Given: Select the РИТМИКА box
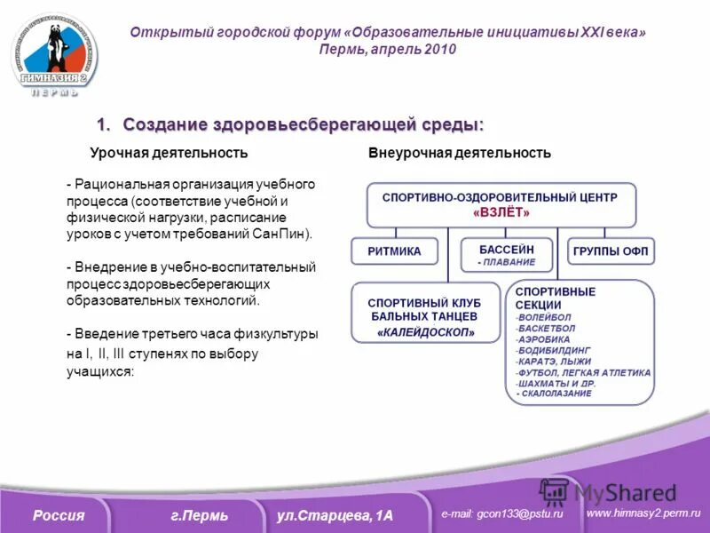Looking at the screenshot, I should [394, 251].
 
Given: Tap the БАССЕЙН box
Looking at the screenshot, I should [507, 255].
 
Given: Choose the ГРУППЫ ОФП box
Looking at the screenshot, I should [611, 251].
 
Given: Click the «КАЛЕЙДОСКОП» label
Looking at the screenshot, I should [426, 333].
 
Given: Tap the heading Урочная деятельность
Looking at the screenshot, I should [169, 153].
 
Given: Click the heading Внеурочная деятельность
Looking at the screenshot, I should [460, 153].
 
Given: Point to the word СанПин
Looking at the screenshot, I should [288, 234].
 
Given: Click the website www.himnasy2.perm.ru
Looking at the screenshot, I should [643, 513].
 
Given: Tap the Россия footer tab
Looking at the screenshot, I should [59, 516].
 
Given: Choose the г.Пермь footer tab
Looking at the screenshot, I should [200, 516].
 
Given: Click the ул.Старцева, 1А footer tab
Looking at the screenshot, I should [335, 516].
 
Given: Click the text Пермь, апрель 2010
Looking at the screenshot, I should [388, 50].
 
